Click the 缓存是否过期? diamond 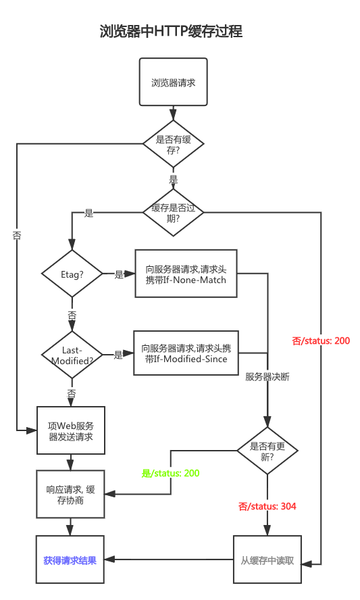pyautogui.click(x=173, y=213)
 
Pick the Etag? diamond pyautogui.click(x=72, y=274)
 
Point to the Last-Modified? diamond pyautogui.click(x=72, y=355)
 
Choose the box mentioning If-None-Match pyautogui.click(x=186, y=274)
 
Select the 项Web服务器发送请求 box pyautogui.click(x=71, y=431)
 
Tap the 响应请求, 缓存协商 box pyautogui.click(x=71, y=494)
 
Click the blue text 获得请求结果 pyautogui.click(x=70, y=560)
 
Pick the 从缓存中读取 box pyautogui.click(x=267, y=560)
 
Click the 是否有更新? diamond pyautogui.click(x=267, y=451)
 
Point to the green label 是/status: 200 pyautogui.click(x=170, y=473)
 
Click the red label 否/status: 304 pyautogui.click(x=267, y=506)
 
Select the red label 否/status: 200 pyautogui.click(x=321, y=341)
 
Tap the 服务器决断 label pyautogui.click(x=267, y=377)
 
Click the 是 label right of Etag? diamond pyautogui.click(x=119, y=274)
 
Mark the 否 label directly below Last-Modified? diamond pyautogui.click(x=72, y=393)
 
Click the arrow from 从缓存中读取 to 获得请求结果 pyautogui.click(x=169, y=560)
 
